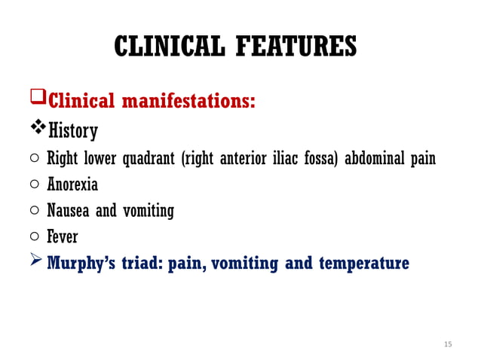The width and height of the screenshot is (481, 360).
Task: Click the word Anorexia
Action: coord(72,185)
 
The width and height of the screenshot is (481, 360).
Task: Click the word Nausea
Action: coord(70,211)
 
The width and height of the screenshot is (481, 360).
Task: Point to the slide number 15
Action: coord(448,344)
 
